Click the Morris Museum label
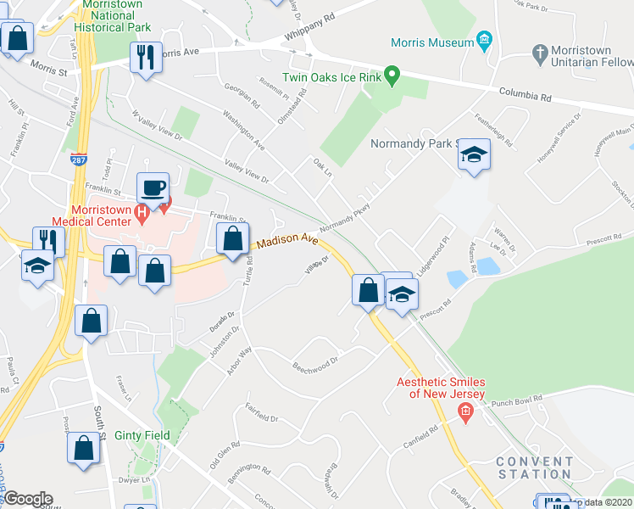click(x=431, y=42)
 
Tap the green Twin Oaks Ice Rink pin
click(x=392, y=76)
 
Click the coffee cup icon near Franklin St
click(x=153, y=187)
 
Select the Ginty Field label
click(x=142, y=435)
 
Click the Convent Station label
click(x=534, y=467)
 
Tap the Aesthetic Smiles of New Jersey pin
click(x=464, y=413)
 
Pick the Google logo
click(x=27, y=499)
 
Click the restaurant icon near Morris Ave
click(x=146, y=57)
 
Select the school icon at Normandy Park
click(x=474, y=155)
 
